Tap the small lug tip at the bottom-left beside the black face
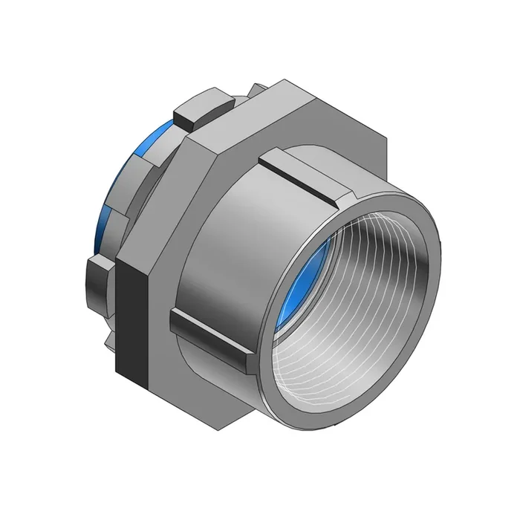click(109, 339)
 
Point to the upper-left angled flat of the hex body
click(160, 193)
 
